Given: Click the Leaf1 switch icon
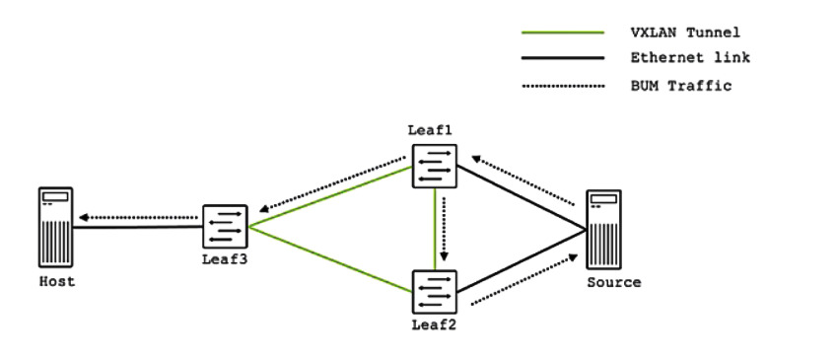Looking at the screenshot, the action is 435,166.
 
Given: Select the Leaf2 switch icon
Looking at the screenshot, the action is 435,292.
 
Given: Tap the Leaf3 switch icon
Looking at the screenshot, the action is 225,227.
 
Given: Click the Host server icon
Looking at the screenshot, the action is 55,227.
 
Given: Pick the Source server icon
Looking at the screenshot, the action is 603,229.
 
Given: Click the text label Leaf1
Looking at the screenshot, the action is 430,130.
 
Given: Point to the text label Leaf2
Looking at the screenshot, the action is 434,324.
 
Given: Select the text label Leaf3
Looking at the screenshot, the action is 225,259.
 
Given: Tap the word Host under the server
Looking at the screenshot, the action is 57,281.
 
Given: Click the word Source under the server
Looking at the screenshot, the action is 614,282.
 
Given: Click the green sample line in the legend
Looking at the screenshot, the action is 563,34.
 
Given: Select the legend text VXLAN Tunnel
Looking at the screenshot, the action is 685,33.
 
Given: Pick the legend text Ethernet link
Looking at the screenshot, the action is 690,57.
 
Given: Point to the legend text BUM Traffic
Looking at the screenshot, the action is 680,86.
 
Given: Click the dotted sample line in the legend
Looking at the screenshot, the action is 563,86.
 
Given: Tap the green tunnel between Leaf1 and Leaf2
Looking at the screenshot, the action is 435,229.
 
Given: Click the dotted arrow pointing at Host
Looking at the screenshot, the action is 138,217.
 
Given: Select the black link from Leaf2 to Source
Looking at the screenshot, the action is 522,261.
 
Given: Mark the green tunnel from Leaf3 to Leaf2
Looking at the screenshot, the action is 330,259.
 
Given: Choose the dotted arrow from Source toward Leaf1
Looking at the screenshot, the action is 523,180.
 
